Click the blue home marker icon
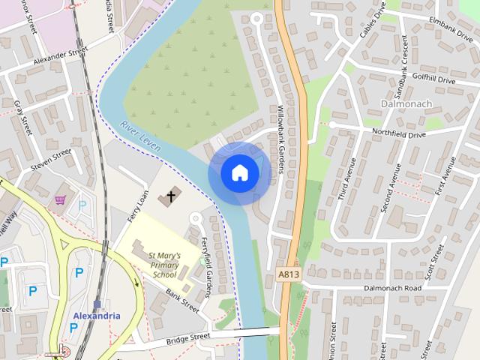click(239, 172)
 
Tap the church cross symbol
click(171, 197)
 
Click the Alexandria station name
click(97, 316)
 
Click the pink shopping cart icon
click(61, 200)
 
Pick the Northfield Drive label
click(399, 133)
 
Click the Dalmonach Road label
click(393, 288)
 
